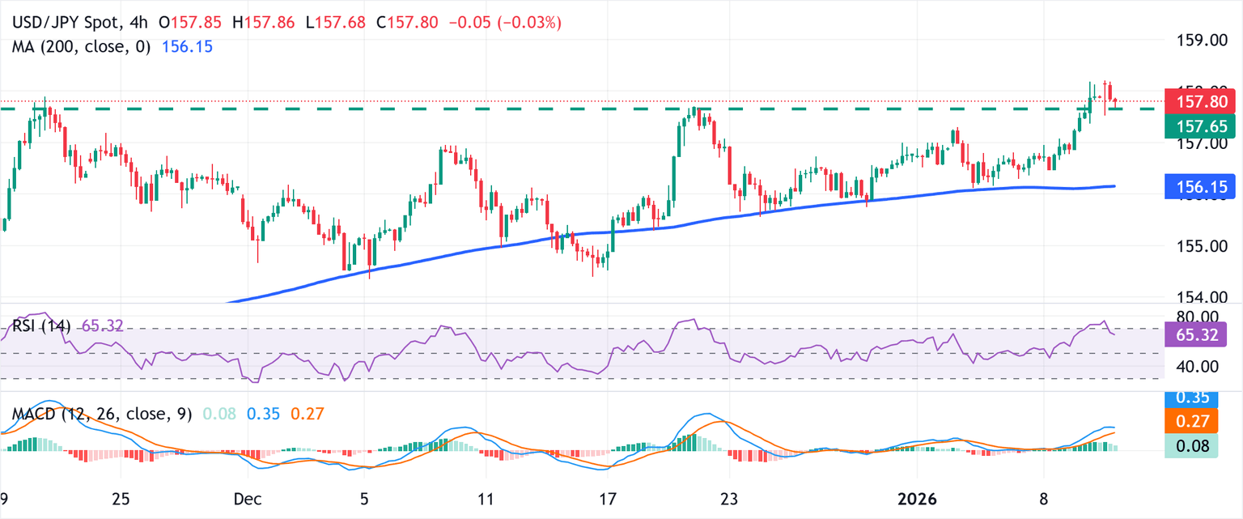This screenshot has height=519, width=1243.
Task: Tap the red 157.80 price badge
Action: point(1196,102)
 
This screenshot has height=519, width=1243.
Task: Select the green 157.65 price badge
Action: point(1196,125)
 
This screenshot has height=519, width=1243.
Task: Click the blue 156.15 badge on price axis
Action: point(1196,188)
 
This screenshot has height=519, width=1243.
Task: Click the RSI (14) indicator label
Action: point(41,326)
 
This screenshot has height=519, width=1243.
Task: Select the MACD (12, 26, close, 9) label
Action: point(102,414)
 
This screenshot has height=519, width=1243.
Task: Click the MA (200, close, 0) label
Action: point(81,47)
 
